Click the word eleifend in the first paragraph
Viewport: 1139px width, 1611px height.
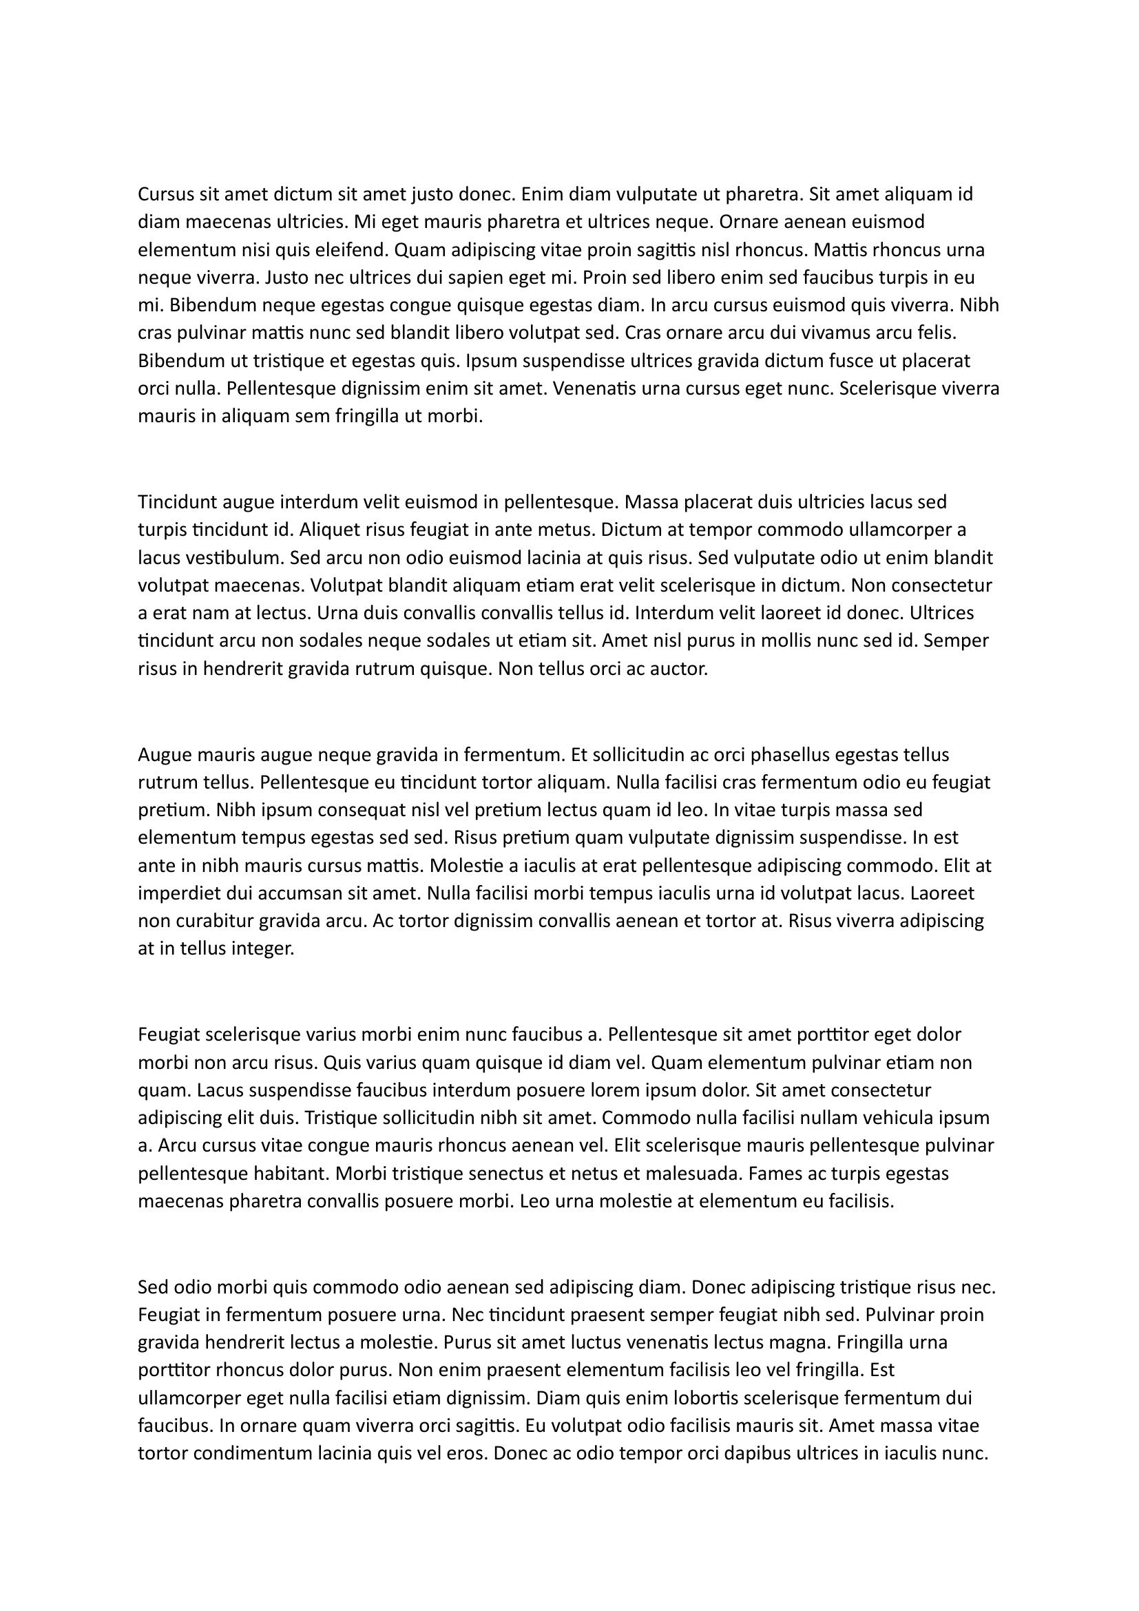click(355, 250)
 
